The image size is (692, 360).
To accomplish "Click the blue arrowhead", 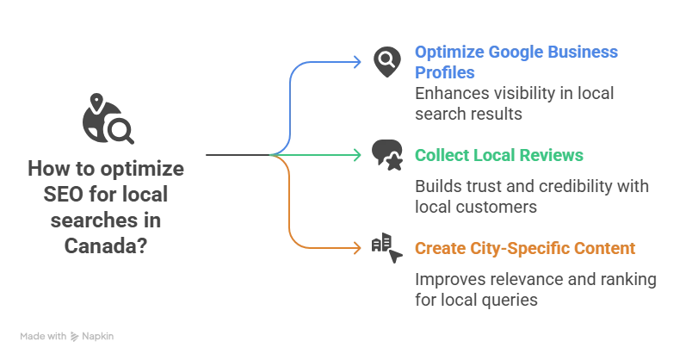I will click(359, 61).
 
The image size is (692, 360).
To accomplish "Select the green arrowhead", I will click(359, 156).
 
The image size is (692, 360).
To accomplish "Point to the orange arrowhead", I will click(359, 249).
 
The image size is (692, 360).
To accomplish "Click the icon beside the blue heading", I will click(388, 63).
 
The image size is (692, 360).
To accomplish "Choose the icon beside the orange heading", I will click(388, 247).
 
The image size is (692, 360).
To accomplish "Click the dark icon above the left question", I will click(108, 121).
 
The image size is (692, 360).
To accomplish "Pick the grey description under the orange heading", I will click(536, 292).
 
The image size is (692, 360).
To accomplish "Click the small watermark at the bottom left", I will click(68, 338).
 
